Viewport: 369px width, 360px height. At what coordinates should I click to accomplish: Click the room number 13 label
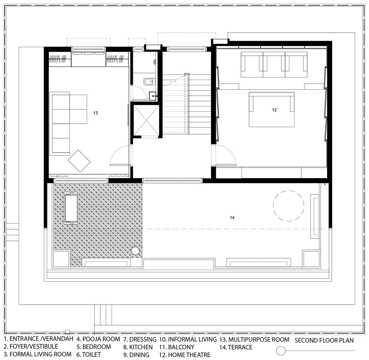tap(95, 113)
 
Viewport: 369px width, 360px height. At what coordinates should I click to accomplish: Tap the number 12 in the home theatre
tap(274, 110)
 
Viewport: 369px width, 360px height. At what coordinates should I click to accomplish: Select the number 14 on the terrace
tap(232, 218)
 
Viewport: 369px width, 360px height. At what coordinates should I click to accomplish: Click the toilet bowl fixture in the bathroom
tap(149, 82)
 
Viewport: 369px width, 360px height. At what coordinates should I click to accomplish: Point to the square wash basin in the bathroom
tap(153, 96)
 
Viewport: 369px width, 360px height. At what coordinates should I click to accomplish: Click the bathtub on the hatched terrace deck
tap(71, 208)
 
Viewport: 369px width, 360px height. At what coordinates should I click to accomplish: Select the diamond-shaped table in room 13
tap(79, 161)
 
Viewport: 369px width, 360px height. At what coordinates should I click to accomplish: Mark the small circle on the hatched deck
tap(135, 251)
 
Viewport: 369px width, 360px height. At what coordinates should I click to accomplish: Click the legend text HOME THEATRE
tap(189, 354)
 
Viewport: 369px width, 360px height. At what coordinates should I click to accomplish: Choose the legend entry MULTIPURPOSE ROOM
tap(259, 339)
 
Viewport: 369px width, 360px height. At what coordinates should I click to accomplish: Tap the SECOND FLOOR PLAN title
tap(324, 340)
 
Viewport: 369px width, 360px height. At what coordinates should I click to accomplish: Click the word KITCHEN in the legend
tap(141, 347)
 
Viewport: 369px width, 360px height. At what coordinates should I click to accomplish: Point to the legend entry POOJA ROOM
tap(101, 339)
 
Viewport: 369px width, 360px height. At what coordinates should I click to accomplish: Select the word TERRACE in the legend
tap(240, 347)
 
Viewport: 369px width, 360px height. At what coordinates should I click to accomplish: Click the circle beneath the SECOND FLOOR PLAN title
tap(281, 350)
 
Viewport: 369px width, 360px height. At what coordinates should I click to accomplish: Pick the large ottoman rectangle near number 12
tap(272, 110)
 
